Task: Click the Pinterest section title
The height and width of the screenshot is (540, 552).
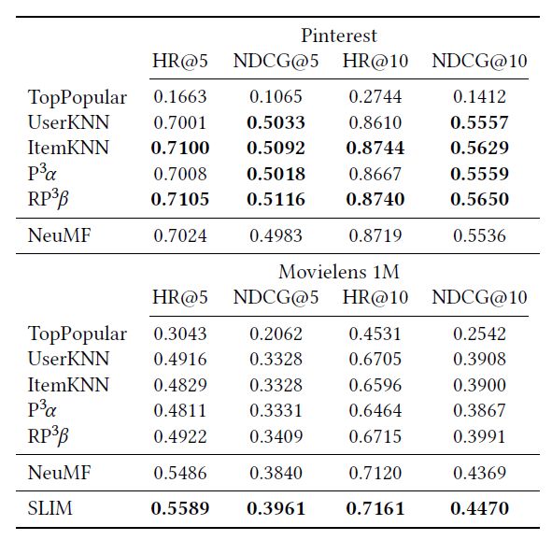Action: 339,36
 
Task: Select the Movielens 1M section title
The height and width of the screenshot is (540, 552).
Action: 339,272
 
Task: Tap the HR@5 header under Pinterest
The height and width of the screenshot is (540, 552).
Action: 180,61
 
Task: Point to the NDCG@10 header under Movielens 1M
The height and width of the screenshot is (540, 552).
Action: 479,297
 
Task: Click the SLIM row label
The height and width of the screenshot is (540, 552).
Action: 50,508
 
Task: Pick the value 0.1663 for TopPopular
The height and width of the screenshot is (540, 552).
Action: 180,97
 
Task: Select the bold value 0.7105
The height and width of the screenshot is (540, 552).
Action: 180,199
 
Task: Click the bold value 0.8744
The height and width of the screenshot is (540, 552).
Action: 375,148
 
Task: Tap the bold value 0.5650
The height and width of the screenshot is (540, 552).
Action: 479,199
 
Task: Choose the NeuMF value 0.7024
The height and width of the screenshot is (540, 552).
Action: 180,235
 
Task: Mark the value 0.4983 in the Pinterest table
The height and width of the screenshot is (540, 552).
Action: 276,235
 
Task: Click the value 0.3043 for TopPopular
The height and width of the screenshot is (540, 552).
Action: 180,334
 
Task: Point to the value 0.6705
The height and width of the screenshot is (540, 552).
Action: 375,359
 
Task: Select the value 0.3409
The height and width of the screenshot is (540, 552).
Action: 276,436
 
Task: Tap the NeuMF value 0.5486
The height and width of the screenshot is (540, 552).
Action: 180,473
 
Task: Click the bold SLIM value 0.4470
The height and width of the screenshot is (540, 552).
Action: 479,508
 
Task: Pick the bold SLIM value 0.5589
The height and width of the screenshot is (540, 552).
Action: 180,508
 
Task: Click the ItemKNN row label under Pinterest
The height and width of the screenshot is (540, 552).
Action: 68,148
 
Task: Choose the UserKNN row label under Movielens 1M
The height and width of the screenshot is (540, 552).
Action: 68,359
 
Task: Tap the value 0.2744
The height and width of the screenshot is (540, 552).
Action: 375,97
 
